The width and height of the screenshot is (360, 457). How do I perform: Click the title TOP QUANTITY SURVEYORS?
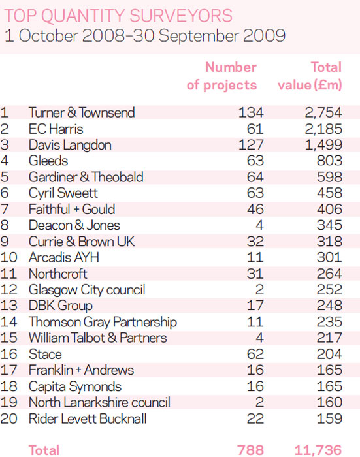point(118,16)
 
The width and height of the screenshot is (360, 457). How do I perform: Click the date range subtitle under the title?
point(144,36)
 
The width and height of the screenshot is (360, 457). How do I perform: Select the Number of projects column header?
point(221,76)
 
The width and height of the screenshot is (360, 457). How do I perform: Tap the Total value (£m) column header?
point(310,76)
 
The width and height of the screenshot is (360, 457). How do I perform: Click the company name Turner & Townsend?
point(82,112)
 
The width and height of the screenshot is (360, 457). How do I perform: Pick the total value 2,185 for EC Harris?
point(323,129)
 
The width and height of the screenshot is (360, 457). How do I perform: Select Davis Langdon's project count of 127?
point(251,145)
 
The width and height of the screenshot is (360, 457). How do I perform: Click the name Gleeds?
point(48,161)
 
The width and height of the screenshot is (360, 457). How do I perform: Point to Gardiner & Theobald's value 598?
point(330,177)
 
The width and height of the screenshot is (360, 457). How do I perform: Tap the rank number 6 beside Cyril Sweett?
point(5,193)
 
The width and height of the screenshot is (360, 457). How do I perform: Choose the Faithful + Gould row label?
point(72,210)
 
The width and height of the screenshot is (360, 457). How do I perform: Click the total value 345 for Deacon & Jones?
point(330,225)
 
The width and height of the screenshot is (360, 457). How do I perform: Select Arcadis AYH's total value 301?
point(330,257)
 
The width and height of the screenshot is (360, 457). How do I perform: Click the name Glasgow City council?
point(87,290)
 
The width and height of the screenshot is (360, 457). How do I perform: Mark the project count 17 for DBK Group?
point(255,306)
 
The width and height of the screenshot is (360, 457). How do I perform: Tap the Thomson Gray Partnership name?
point(103,322)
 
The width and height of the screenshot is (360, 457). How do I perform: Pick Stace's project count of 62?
point(255,354)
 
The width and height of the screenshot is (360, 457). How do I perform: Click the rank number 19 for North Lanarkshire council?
point(8,402)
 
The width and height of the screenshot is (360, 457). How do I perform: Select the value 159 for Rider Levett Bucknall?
point(330,418)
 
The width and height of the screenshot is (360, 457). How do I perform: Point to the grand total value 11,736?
point(318,450)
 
